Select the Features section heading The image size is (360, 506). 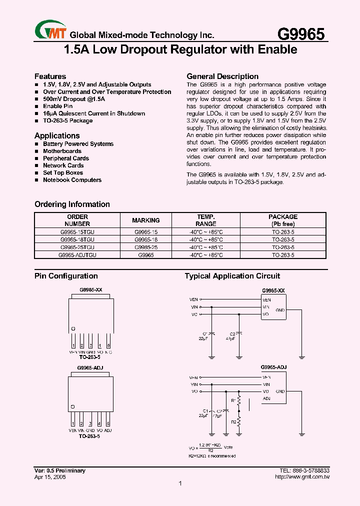(x=50, y=76)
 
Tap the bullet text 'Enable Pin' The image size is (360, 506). (x=57, y=106)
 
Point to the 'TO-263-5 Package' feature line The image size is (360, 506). (x=67, y=120)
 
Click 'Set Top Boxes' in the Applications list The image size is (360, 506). (x=62, y=172)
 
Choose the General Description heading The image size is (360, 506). (x=222, y=76)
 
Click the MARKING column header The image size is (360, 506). (x=146, y=220)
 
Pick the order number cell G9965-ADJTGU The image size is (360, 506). (x=77, y=254)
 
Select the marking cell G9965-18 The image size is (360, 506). (x=146, y=239)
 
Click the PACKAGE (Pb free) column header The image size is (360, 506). (x=283, y=220)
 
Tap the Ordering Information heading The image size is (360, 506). (x=72, y=204)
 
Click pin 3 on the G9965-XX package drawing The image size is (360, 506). (x=90, y=346)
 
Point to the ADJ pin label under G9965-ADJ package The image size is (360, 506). (x=108, y=430)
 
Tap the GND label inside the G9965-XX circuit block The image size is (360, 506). (x=280, y=310)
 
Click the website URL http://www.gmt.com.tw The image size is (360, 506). (x=302, y=477)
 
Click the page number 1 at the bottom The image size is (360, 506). (x=180, y=483)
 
